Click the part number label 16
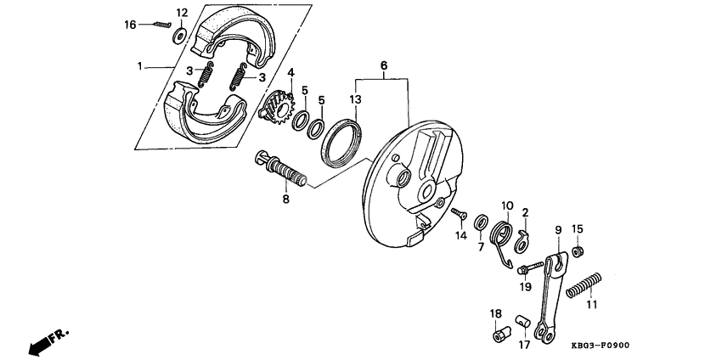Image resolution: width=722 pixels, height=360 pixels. click(x=130, y=25)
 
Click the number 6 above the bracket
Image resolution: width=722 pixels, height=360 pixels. click(x=383, y=65)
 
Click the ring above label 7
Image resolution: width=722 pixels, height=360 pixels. click(x=481, y=222)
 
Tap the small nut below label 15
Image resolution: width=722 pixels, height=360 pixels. click(x=577, y=251)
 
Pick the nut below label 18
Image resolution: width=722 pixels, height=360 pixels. click(x=499, y=337)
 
